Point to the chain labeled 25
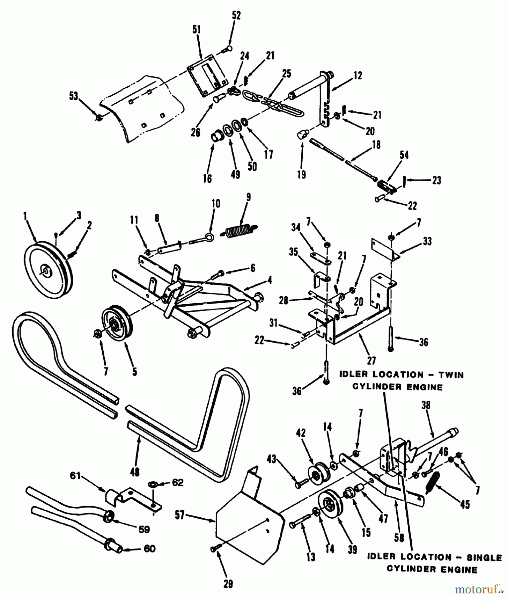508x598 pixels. (x=271, y=101)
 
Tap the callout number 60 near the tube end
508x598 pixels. (x=150, y=548)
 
